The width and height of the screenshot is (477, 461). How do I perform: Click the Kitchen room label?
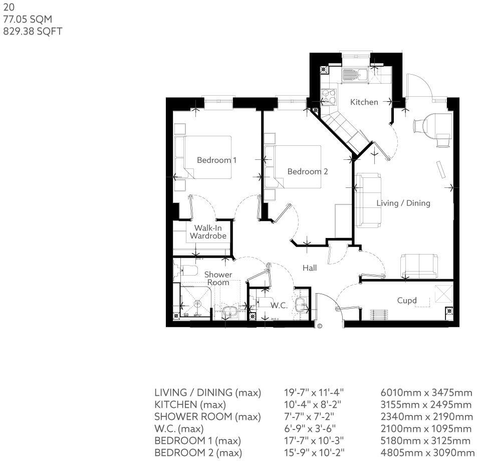coord(364,102)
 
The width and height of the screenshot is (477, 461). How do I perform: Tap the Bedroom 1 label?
coord(216,160)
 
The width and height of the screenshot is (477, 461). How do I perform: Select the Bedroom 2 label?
coord(307,171)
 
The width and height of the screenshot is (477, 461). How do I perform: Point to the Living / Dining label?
coord(403,203)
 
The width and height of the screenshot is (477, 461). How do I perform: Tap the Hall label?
coord(310,268)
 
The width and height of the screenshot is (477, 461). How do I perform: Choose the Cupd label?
coord(407,301)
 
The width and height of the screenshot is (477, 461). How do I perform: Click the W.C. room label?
coord(279,305)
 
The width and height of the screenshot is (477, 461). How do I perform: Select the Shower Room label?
coord(218,279)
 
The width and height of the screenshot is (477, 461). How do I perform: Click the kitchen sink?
coord(355,76)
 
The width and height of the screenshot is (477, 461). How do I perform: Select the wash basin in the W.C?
coord(301,304)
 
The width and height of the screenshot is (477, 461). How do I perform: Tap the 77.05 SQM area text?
coord(28,19)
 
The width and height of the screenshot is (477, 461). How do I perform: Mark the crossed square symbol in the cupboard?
coord(443,293)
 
